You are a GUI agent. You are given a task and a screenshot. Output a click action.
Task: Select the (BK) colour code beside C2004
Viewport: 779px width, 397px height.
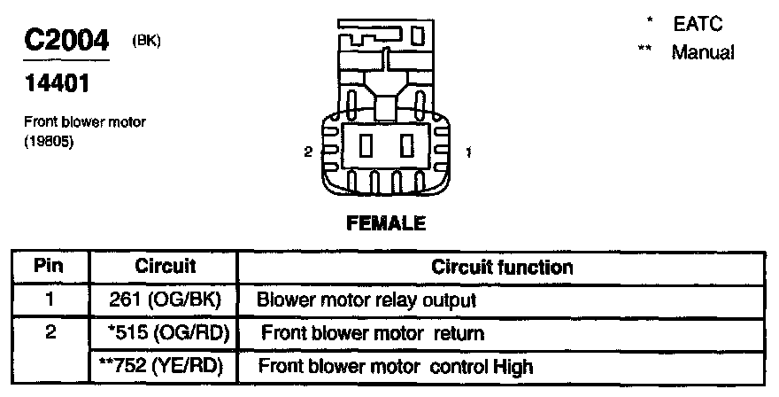(146, 39)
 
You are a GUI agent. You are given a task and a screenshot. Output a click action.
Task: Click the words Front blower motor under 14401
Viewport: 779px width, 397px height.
(85, 122)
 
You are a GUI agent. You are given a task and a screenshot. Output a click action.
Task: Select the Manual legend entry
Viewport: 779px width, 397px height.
(702, 52)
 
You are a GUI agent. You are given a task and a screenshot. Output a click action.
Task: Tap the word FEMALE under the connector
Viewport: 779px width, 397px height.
(385, 223)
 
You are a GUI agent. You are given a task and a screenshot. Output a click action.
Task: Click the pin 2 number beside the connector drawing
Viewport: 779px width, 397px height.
(308, 152)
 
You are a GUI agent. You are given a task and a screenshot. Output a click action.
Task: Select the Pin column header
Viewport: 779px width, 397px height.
(50, 266)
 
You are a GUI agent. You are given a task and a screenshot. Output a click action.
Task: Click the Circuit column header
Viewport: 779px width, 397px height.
(165, 266)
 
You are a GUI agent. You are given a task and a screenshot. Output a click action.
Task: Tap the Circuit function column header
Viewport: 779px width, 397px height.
(502, 266)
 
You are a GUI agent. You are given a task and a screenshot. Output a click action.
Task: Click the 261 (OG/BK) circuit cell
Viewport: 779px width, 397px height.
(165, 300)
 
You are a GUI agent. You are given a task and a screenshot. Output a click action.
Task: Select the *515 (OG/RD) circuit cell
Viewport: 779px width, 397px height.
(166, 333)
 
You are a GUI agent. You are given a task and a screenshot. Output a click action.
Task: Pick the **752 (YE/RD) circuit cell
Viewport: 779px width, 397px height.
(165, 366)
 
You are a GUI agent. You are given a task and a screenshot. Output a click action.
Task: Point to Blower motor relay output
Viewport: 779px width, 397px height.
(367, 300)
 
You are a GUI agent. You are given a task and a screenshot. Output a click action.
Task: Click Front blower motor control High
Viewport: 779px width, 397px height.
(396, 366)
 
